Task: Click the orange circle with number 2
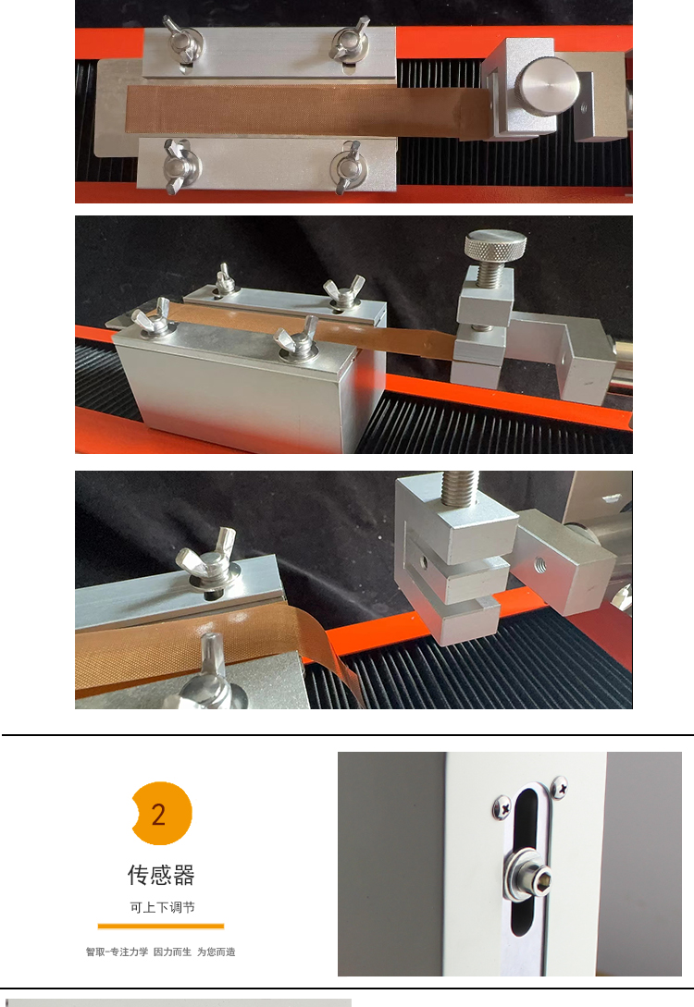[x=161, y=813]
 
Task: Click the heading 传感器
[x=161, y=874]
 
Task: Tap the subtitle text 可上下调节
[x=162, y=907]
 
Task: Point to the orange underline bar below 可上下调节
[x=161, y=926]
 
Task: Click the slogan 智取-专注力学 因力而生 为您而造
[x=161, y=952]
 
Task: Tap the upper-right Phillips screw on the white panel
[x=559, y=787]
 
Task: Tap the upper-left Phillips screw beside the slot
[x=502, y=806]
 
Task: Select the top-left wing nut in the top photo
[x=181, y=42]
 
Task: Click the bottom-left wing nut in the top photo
[x=180, y=166]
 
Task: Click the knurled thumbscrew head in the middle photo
[x=495, y=243]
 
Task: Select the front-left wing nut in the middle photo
[x=154, y=316]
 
